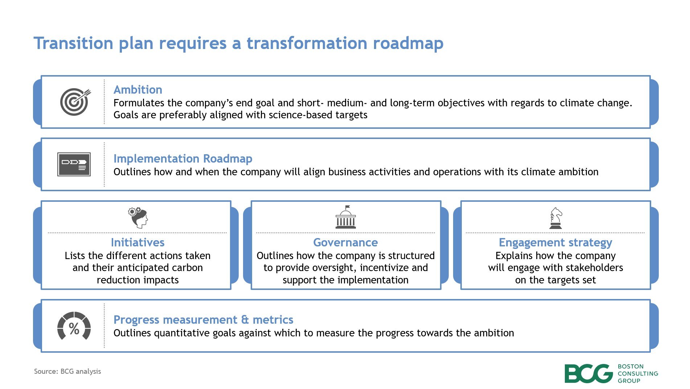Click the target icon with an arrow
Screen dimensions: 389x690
tap(75, 102)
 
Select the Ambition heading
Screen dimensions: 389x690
tap(138, 90)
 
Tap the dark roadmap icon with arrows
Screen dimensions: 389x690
tap(74, 164)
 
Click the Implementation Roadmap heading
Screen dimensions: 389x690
tap(183, 159)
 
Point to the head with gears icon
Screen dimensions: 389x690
tap(138, 217)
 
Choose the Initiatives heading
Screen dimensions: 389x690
tap(137, 242)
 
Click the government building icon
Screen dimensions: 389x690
tap(346, 217)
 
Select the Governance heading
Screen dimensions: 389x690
tap(345, 242)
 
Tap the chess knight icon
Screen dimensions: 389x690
tap(556, 218)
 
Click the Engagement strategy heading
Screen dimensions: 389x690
tap(555, 242)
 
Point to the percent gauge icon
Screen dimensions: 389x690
tap(74, 326)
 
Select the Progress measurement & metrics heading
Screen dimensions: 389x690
tap(203, 320)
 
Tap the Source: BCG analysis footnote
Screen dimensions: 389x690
tap(67, 371)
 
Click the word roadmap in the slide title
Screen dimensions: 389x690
tap(408, 43)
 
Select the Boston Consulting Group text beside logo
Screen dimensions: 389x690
tap(638, 373)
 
